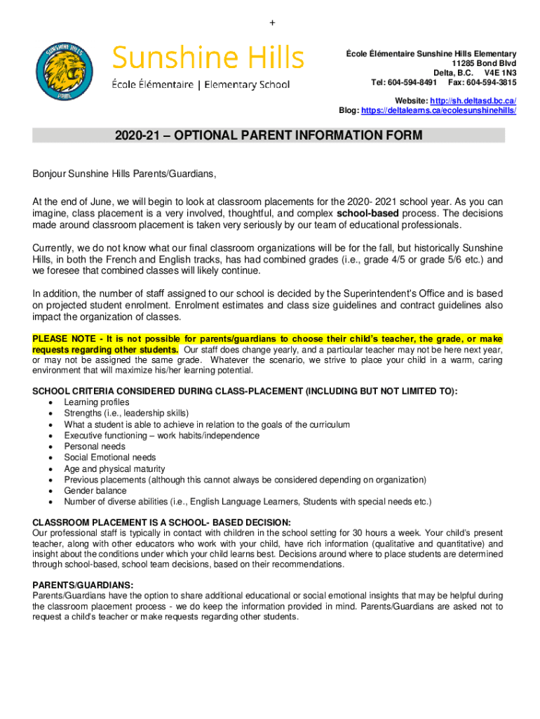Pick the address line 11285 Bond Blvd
[x=484, y=63]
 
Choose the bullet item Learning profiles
[x=97, y=402]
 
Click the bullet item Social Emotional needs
[x=110, y=458]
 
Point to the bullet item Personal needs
[x=95, y=447]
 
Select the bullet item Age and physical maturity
[x=114, y=469]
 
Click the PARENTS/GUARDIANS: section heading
[x=83, y=585]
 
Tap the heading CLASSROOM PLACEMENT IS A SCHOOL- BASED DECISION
[x=161, y=522]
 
